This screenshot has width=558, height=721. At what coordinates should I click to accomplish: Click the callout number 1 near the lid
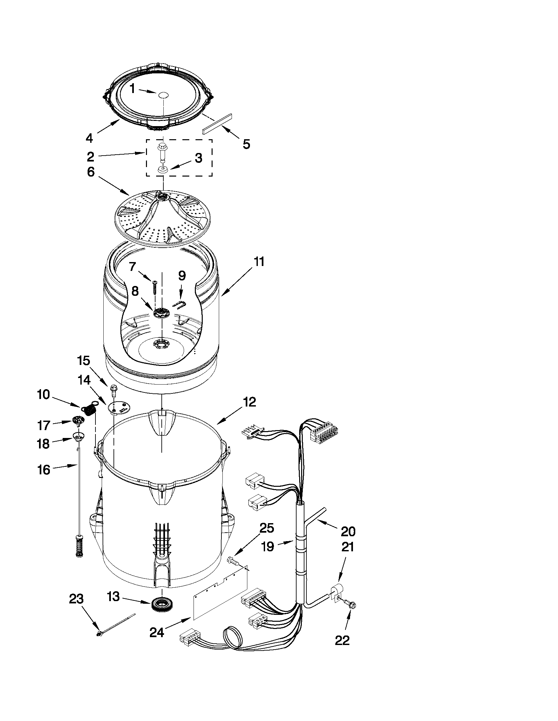coord(132,88)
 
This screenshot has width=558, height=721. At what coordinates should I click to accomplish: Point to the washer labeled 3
coord(162,170)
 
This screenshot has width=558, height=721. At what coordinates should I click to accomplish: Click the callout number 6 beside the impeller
coord(91,172)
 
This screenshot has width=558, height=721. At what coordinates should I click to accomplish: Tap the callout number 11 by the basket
coord(259,262)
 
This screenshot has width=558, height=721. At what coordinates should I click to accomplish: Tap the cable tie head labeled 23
coord(99,634)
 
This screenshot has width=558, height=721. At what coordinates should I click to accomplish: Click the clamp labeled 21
coord(337,591)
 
